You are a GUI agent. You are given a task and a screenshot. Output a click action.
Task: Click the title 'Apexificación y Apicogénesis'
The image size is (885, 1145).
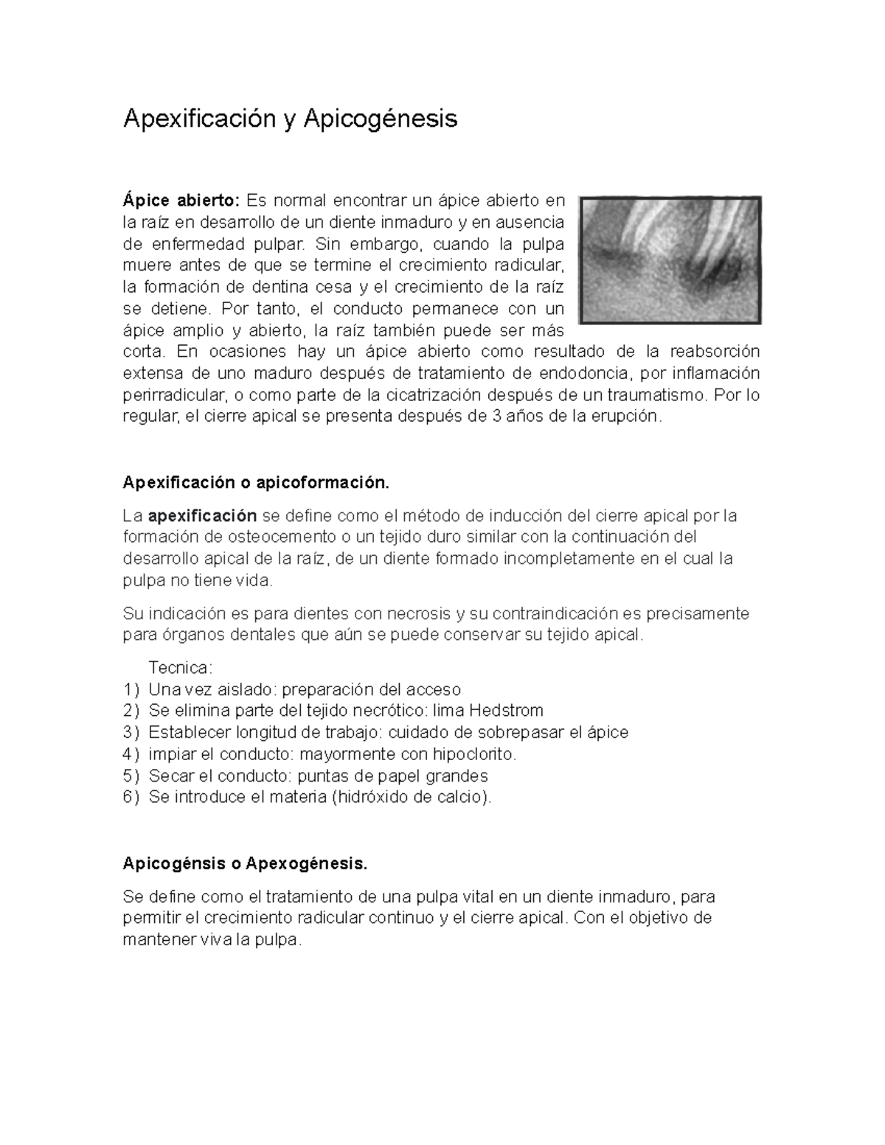pos(290,119)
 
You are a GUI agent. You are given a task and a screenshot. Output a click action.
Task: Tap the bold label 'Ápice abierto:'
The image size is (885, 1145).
pos(181,201)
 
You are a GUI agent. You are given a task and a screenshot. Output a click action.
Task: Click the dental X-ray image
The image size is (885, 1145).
pos(670,260)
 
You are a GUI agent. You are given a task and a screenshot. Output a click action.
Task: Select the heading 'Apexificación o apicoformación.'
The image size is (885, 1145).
pos(255,483)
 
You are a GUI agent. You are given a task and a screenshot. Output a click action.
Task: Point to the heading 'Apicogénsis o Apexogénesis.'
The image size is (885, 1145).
pos(244,863)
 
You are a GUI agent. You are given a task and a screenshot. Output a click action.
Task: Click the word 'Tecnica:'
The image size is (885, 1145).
pos(180,668)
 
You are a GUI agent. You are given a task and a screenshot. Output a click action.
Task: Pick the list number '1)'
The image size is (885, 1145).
pos(131,690)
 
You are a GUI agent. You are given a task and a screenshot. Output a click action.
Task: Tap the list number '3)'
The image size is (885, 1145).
pos(131,733)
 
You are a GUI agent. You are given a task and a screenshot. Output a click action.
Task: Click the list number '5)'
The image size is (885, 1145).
pos(131,776)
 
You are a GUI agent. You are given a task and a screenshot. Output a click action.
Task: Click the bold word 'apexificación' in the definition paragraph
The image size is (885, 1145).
pos(202,515)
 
